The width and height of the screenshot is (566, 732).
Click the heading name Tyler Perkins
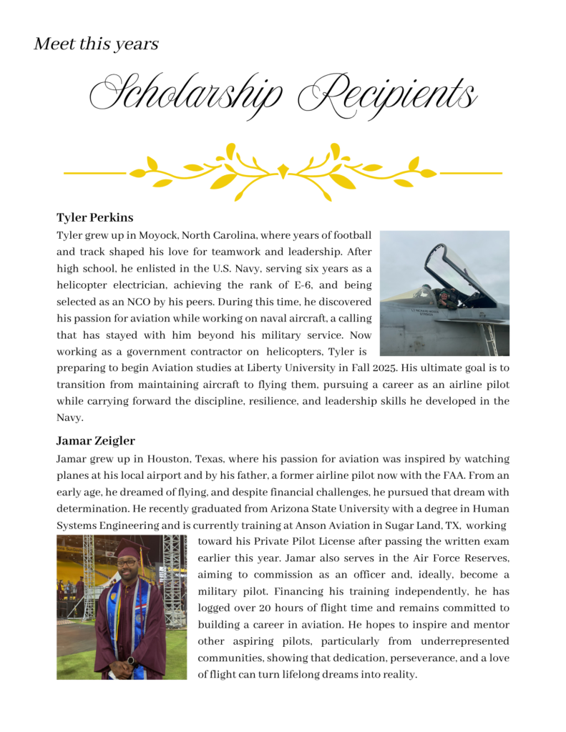coord(95,217)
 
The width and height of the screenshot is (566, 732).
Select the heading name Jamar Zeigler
coord(95,440)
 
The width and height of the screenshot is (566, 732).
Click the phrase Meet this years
coord(96,44)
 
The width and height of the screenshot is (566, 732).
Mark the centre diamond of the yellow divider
coord(283,172)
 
